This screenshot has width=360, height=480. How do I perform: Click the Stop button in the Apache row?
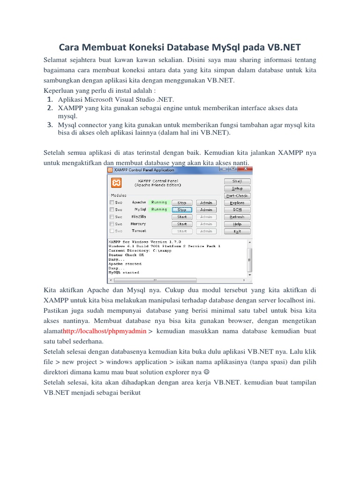(182, 202)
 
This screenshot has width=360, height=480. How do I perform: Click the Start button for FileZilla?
(182, 217)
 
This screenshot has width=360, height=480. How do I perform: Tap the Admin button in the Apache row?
(206, 202)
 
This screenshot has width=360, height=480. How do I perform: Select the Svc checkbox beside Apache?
(112, 202)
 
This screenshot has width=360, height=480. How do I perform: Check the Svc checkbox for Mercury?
(112, 224)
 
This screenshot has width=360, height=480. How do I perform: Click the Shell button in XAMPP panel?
(237, 181)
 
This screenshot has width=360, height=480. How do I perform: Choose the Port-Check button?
(237, 195)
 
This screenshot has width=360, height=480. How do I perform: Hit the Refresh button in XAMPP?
(237, 217)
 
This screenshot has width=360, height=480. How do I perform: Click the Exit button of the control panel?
(237, 231)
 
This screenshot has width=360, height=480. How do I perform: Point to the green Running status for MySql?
(159, 210)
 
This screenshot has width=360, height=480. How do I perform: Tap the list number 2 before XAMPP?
(49, 108)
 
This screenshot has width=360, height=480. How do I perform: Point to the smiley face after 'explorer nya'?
(207, 372)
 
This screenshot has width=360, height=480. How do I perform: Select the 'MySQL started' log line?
(124, 272)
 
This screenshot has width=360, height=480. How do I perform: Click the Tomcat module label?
(139, 231)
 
